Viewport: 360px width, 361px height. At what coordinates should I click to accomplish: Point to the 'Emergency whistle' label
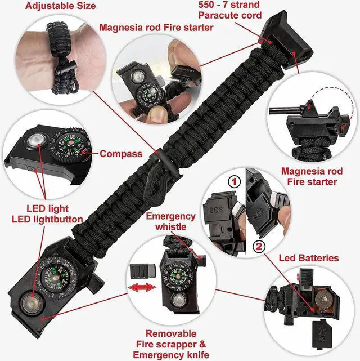pyautogui.click(x=171, y=221)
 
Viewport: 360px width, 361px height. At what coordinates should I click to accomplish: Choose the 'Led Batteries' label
pyautogui.click(x=309, y=258)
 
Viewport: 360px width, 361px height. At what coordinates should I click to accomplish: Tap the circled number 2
pyautogui.click(x=259, y=246)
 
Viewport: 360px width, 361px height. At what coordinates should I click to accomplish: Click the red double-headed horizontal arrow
pyautogui.click(x=143, y=288)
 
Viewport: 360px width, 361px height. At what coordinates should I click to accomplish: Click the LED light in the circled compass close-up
pyautogui.click(x=34, y=139)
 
